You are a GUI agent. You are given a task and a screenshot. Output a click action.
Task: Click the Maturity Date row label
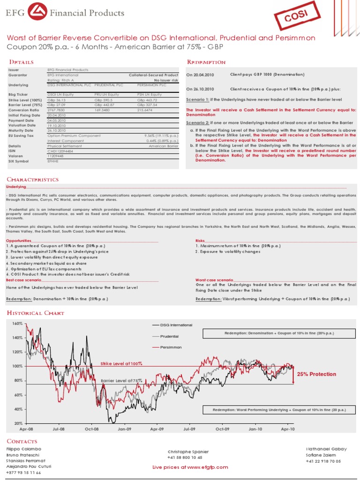pyautogui.click(x=22, y=130)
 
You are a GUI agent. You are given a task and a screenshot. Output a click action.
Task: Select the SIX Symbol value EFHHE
pyautogui.click(x=53, y=161)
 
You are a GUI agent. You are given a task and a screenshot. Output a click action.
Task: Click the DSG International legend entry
pyautogui.click(x=176, y=325)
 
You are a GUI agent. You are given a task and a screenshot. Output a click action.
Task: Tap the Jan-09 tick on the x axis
pyautogui.click(x=124, y=428)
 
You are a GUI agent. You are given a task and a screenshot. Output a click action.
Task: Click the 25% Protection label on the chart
pyautogui.click(x=316, y=374)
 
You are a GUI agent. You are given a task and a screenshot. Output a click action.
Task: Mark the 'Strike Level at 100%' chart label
pyautogui.click(x=121, y=363)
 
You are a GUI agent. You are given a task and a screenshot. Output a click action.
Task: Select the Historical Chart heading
pyautogui.click(x=35, y=313)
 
